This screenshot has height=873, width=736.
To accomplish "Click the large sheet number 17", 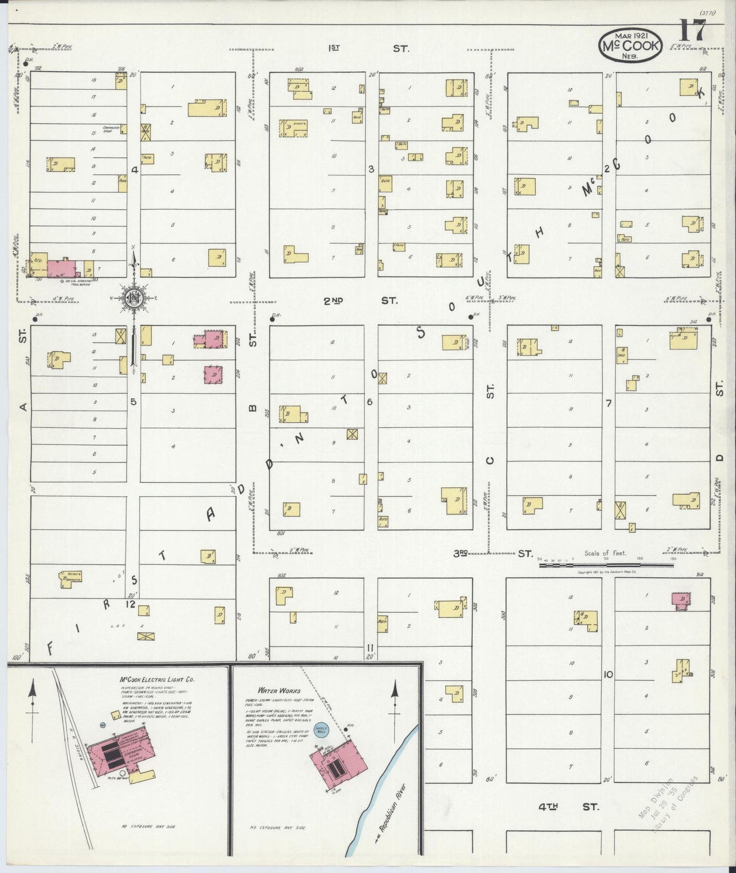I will (692, 32).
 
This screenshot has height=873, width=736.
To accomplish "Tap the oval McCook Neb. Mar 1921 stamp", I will (630, 45).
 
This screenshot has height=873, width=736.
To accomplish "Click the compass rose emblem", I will (134, 298).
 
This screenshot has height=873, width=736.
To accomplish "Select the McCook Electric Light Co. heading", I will (156, 680).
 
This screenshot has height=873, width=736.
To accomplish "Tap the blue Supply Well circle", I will (321, 729).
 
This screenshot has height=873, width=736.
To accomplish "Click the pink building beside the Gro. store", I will (62, 268).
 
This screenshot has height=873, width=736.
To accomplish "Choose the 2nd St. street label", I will (360, 301).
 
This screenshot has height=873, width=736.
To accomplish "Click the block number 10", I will (608, 675).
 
